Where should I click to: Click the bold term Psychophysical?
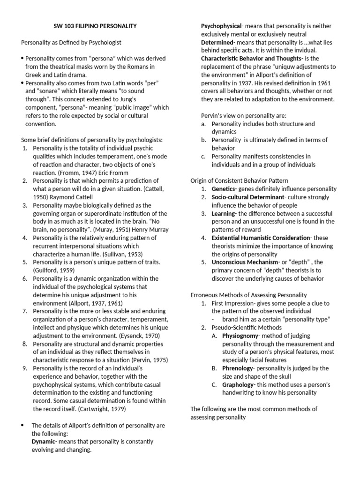(221, 26)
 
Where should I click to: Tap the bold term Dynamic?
(43, 442)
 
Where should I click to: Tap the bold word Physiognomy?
(240, 336)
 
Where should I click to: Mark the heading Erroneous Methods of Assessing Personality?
(248, 295)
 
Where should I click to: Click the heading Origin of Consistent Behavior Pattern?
(239, 180)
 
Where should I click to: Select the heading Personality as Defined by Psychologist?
(71, 42)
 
